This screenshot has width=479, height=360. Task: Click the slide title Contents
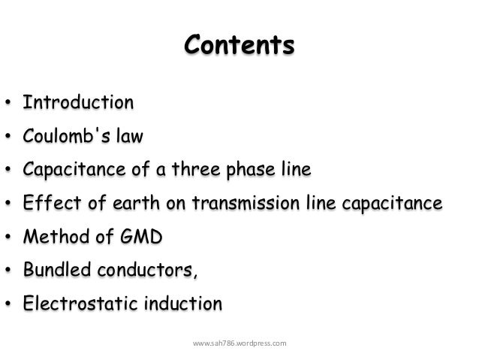coord(239,47)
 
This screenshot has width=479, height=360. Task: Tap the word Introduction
coord(78,101)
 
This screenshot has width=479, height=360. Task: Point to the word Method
coord(52,237)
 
